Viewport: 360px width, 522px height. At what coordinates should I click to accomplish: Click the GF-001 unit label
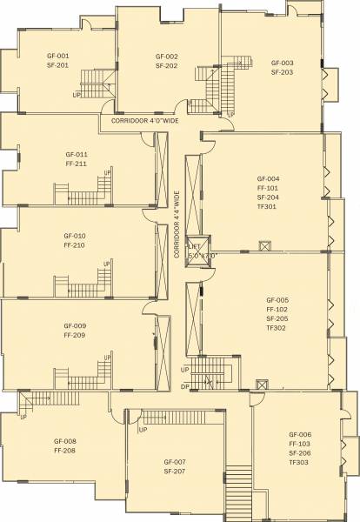(x=58, y=56)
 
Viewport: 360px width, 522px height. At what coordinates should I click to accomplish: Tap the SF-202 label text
(x=166, y=65)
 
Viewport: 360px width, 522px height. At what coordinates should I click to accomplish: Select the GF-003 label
(x=282, y=63)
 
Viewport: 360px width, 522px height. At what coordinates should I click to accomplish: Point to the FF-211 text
(x=75, y=163)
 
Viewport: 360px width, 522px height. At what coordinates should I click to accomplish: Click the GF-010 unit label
(x=74, y=236)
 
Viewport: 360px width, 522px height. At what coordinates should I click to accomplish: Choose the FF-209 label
(x=75, y=335)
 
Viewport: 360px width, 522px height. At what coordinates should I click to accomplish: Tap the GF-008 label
(x=65, y=441)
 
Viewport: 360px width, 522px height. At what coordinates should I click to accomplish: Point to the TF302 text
(x=277, y=328)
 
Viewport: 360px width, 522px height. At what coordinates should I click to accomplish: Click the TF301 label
(x=267, y=207)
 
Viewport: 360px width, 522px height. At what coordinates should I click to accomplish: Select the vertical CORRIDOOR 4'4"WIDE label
(x=177, y=224)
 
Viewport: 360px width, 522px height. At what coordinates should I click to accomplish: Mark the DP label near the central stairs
(x=184, y=385)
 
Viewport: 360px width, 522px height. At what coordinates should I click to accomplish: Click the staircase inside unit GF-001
(x=103, y=84)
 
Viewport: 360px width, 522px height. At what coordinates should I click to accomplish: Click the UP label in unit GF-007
(x=142, y=429)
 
